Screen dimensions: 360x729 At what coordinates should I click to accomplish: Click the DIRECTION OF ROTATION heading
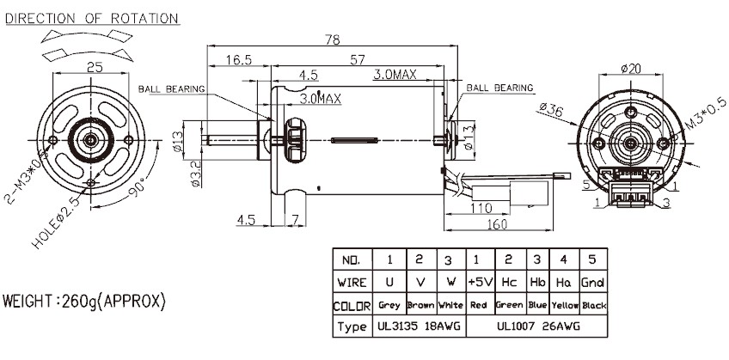click(92, 18)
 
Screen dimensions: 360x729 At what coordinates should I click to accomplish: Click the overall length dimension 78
click(331, 40)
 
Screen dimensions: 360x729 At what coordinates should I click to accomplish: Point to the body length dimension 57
click(355, 59)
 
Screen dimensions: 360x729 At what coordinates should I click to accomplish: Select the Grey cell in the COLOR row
click(389, 306)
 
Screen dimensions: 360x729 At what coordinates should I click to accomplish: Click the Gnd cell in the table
click(594, 281)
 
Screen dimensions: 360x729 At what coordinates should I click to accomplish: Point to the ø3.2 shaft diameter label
click(195, 173)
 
